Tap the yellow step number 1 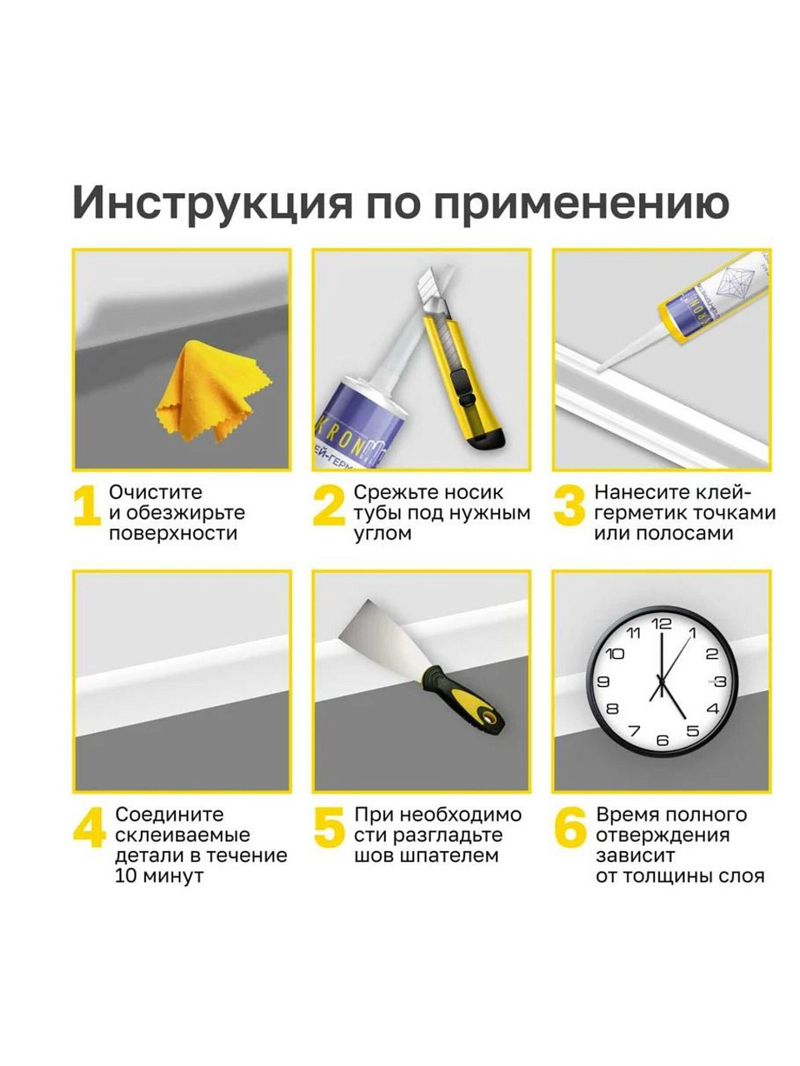87,506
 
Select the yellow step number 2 329,506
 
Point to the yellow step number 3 569,506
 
